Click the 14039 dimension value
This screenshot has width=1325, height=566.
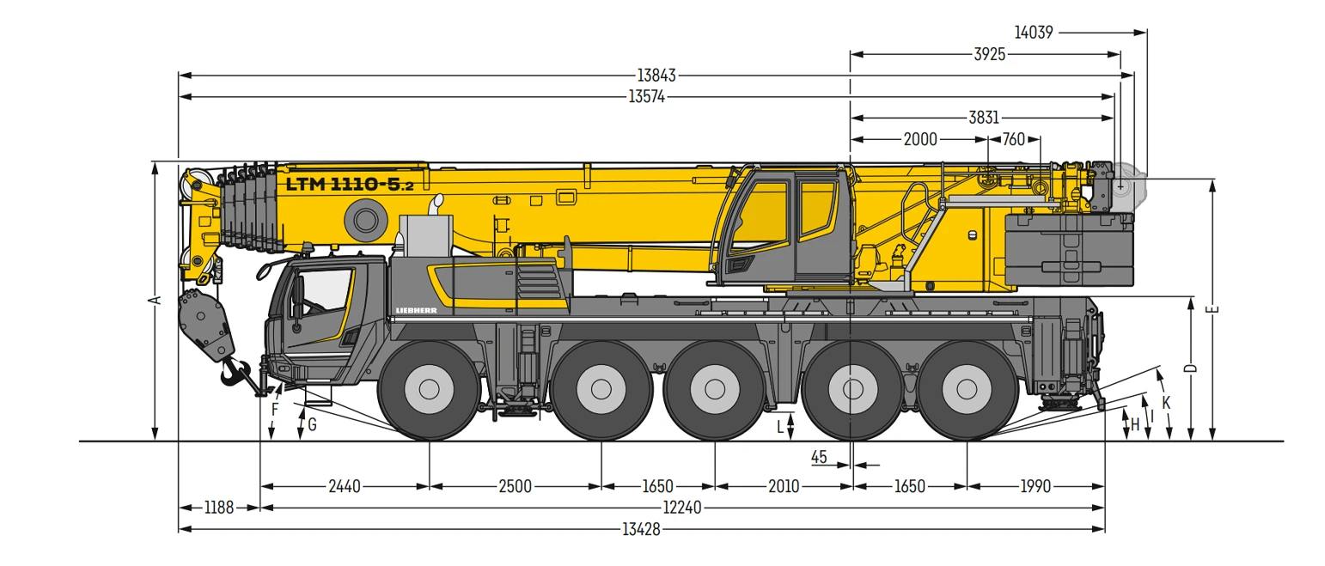(x=1034, y=33)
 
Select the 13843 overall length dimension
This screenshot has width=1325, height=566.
(x=656, y=76)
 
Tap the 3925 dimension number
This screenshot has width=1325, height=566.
(x=990, y=54)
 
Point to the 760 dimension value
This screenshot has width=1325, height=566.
(x=1014, y=140)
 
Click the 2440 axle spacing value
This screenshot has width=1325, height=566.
(x=345, y=487)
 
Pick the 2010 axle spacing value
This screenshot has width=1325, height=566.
(x=784, y=487)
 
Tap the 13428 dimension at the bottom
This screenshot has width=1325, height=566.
(x=641, y=529)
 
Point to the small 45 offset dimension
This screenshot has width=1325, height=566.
(x=819, y=457)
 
